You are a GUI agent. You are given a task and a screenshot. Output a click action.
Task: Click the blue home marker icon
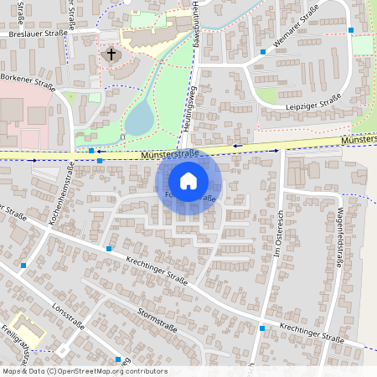click(x=188, y=180)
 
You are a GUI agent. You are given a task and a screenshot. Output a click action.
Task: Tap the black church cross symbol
click(x=110, y=55)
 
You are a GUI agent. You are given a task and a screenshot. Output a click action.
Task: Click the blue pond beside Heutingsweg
click(x=138, y=117)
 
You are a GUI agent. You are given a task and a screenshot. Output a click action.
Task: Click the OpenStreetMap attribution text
click(x=85, y=371)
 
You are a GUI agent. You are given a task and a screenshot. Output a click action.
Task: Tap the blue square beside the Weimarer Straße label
click(x=263, y=52)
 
